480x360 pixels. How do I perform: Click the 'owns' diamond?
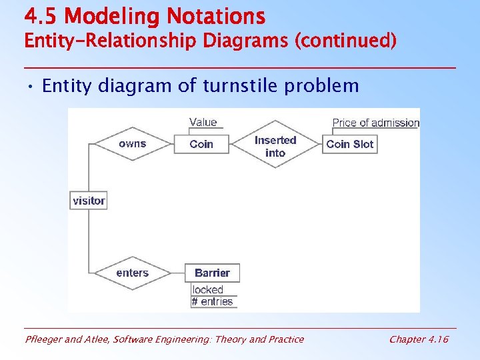pyautogui.click(x=132, y=144)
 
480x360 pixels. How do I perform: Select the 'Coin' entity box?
pyautogui.click(x=201, y=144)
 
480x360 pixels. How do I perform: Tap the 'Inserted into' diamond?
pyautogui.click(x=275, y=146)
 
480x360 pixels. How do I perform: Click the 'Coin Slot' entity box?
pyautogui.click(x=350, y=144)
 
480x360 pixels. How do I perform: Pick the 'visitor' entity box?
pyautogui.click(x=89, y=200)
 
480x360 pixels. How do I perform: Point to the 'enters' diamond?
pyautogui.click(x=132, y=273)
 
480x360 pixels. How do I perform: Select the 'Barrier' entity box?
pyautogui.click(x=212, y=273)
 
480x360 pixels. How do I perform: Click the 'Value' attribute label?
pyautogui.click(x=203, y=122)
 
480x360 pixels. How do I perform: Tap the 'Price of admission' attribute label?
pyautogui.click(x=375, y=123)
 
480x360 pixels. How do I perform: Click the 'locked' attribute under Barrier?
pyautogui.click(x=207, y=289)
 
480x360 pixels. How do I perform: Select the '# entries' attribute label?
pyautogui.click(x=213, y=301)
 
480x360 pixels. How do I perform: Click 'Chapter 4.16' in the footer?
pyautogui.click(x=419, y=339)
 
